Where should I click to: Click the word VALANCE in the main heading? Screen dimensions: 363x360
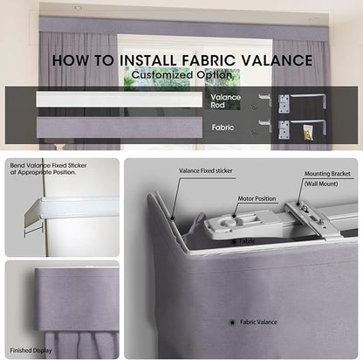(277, 60)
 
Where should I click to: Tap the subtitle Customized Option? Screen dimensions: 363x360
(181, 75)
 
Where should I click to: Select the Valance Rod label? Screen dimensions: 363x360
(225, 100)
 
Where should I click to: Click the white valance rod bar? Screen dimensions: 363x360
(120, 100)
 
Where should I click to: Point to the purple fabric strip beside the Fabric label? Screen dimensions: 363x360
(120, 128)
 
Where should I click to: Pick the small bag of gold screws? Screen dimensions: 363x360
(308, 132)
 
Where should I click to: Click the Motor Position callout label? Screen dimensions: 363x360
(257, 198)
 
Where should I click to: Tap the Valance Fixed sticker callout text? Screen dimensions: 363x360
(206, 170)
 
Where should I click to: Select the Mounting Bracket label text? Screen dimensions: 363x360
(327, 174)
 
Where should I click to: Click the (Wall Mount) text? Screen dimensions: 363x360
(321, 183)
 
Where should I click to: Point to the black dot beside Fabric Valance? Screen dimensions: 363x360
(232, 322)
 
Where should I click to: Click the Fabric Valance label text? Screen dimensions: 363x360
(258, 322)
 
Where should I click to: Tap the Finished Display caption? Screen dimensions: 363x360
(31, 350)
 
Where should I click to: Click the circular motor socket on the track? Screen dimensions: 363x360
(227, 223)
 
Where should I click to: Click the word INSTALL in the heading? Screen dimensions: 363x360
(147, 60)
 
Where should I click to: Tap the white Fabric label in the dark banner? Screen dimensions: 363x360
(223, 128)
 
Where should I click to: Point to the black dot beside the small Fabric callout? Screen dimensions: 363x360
(234, 241)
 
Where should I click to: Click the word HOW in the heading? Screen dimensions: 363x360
(71, 60)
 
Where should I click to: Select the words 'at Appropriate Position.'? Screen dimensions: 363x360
(43, 172)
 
